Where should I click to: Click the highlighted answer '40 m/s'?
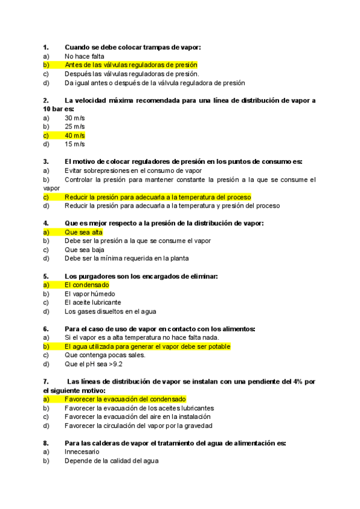(x=74, y=136)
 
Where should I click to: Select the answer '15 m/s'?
(x=74, y=144)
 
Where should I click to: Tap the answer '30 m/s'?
(x=74, y=118)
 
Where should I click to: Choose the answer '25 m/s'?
(x=74, y=127)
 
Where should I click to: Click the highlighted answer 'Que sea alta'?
(x=83, y=232)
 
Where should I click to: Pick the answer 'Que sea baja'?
(x=84, y=250)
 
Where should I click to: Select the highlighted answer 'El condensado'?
(x=86, y=285)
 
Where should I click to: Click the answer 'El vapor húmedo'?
(x=89, y=294)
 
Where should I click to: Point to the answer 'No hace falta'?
(x=85, y=56)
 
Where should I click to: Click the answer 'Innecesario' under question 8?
(x=82, y=451)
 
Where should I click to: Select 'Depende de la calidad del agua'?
(x=112, y=460)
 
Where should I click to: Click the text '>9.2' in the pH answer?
(x=115, y=364)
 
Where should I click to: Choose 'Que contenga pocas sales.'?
(x=105, y=355)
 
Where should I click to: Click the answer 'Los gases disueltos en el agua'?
(x=110, y=312)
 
